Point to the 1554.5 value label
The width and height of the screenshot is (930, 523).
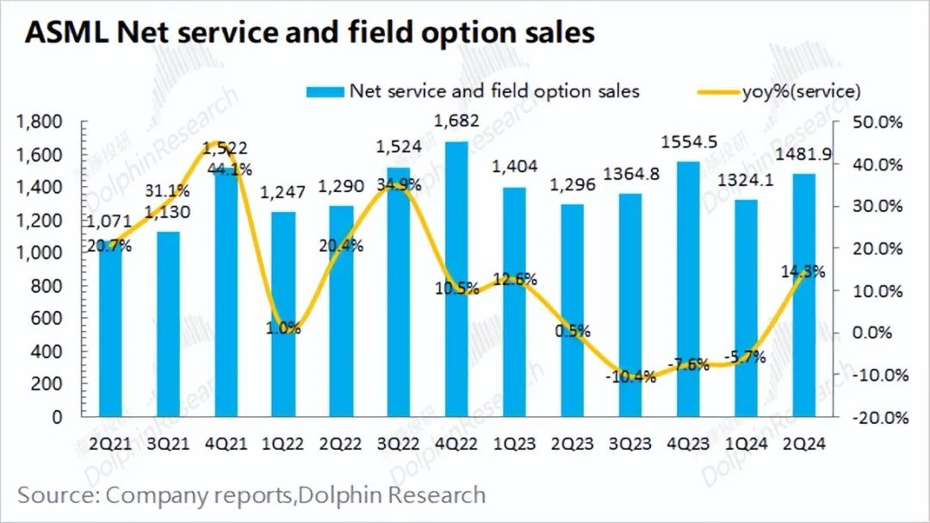click(689, 140)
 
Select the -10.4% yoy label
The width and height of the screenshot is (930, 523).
click(632, 377)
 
